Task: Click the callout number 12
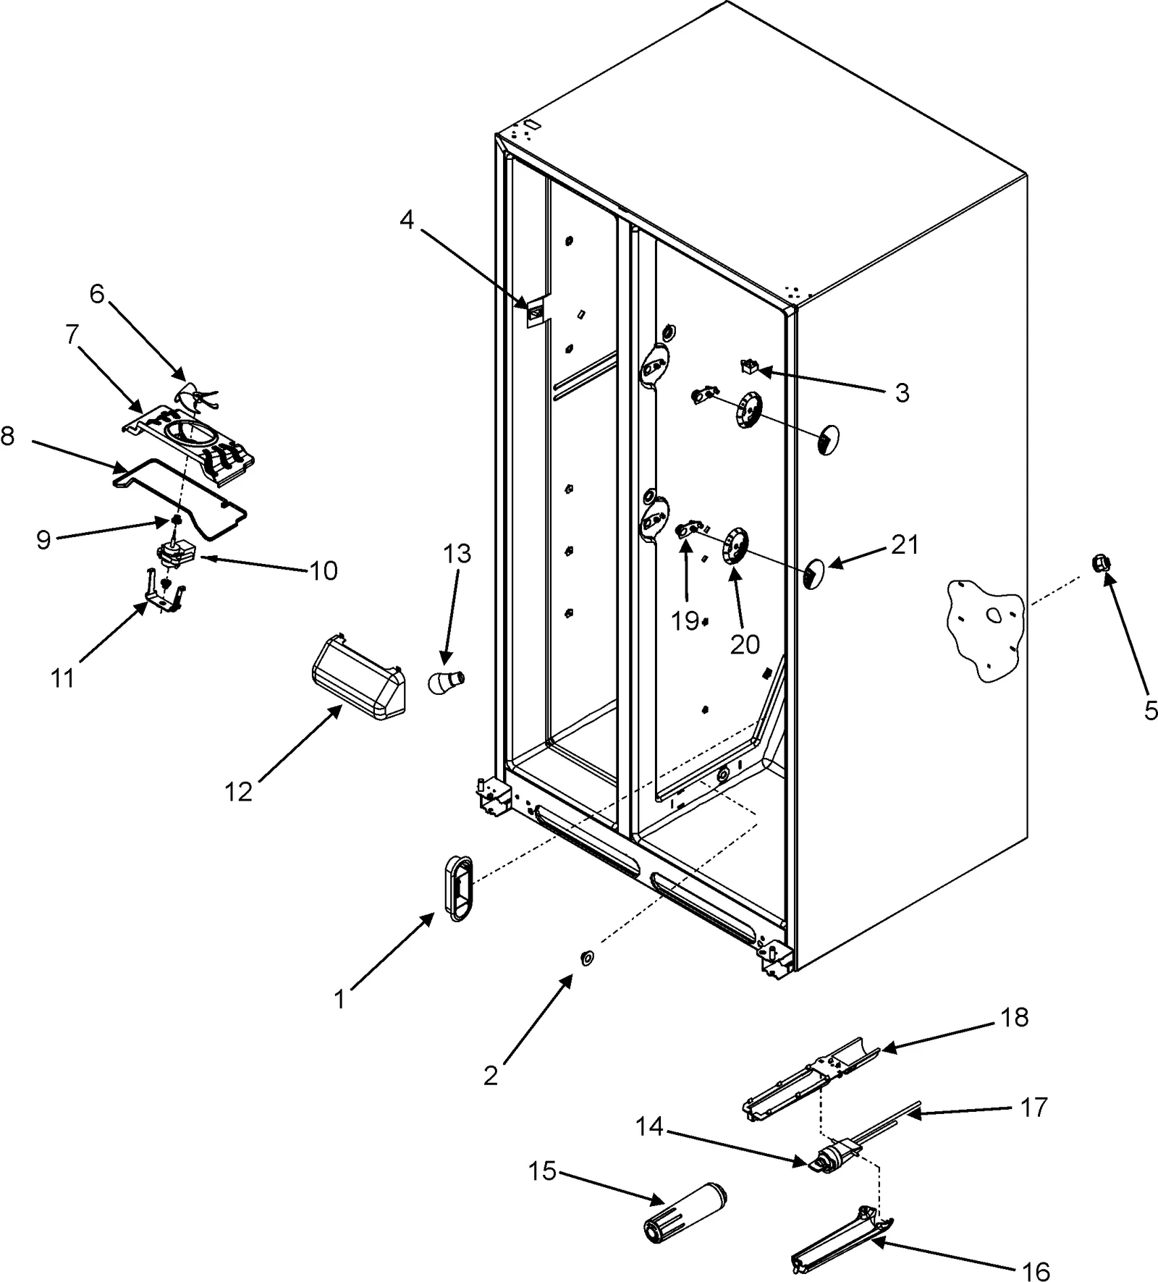(238, 792)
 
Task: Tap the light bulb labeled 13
(444, 681)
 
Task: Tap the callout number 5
(1151, 710)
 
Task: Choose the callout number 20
(745, 644)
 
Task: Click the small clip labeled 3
(748, 367)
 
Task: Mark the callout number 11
(62, 678)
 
